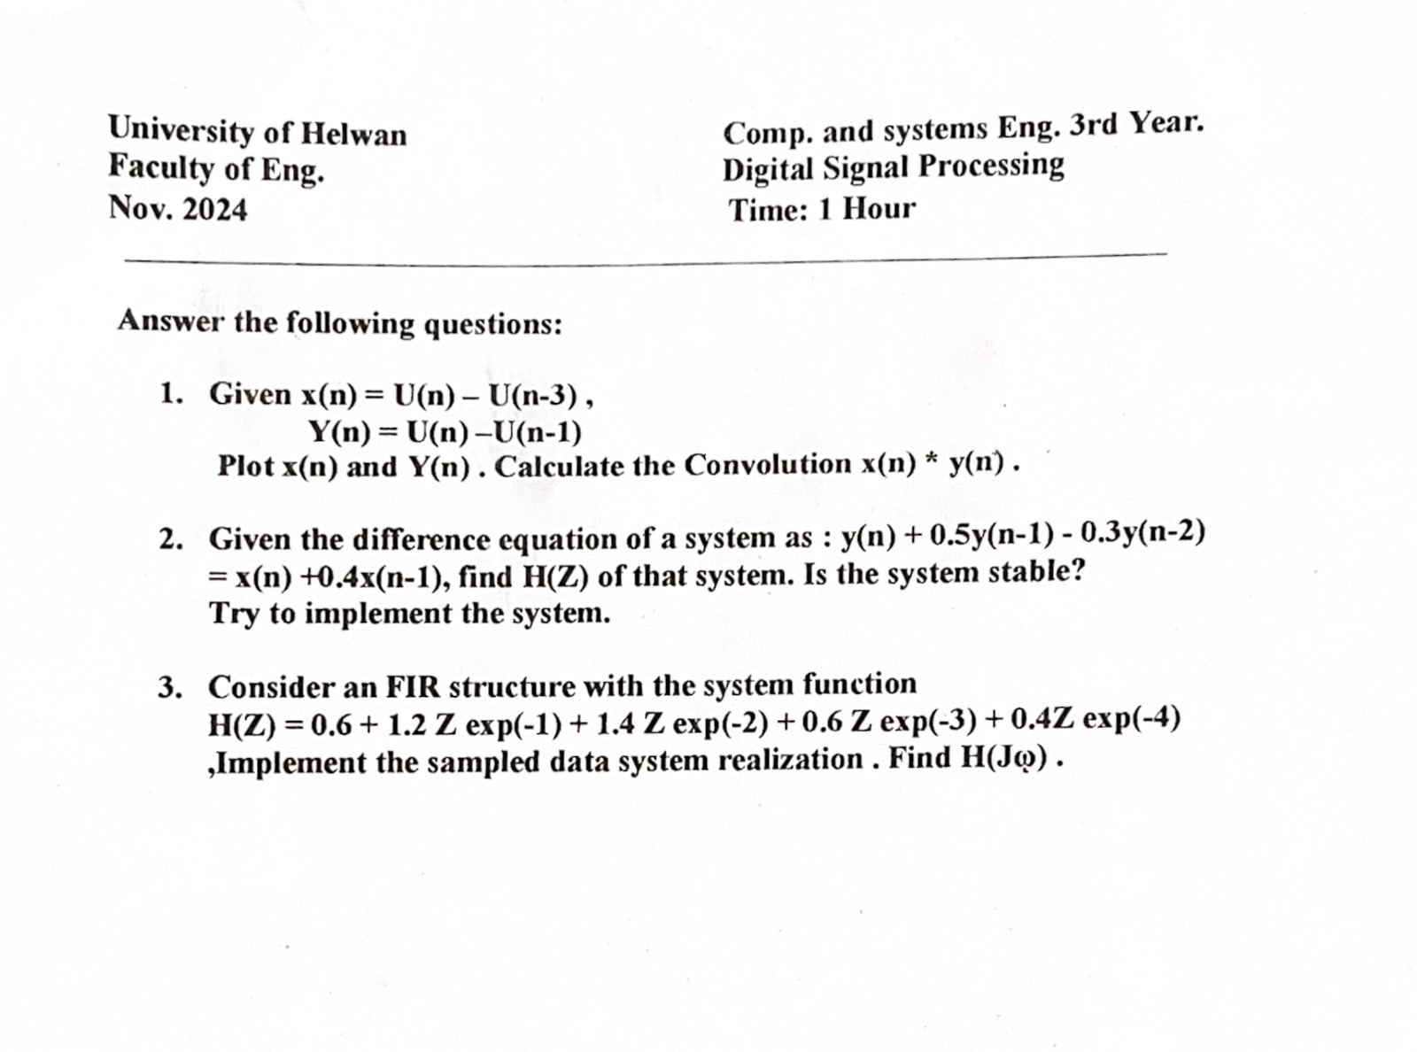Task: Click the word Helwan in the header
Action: click(x=354, y=135)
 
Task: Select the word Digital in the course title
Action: click(x=769, y=168)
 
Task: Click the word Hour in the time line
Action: click(x=879, y=209)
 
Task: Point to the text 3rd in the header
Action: click(x=1094, y=126)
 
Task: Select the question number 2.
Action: click(x=169, y=539)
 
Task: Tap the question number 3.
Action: click(x=169, y=687)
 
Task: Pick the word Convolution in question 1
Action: click(x=768, y=465)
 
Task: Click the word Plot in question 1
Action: click(x=245, y=466)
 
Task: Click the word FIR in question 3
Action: click(x=412, y=686)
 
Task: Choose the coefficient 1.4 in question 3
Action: click(x=615, y=724)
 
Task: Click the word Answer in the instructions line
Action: click(x=172, y=321)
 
